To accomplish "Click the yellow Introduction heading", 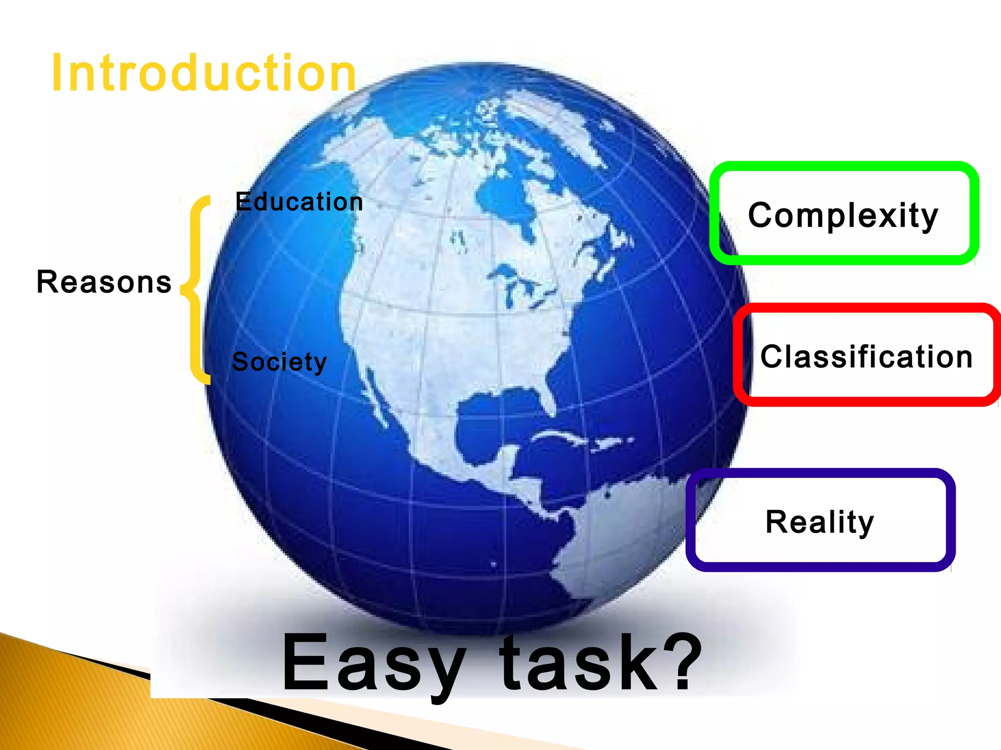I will [204, 73].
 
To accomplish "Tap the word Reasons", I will [104, 282].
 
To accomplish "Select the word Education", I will [299, 202].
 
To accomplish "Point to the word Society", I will [279, 362].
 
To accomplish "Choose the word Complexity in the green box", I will [843, 215].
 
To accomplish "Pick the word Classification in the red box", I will [867, 356].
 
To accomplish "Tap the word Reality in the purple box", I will [820, 521].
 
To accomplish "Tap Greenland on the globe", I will [562, 122].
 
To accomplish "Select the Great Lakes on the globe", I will [518, 283].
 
